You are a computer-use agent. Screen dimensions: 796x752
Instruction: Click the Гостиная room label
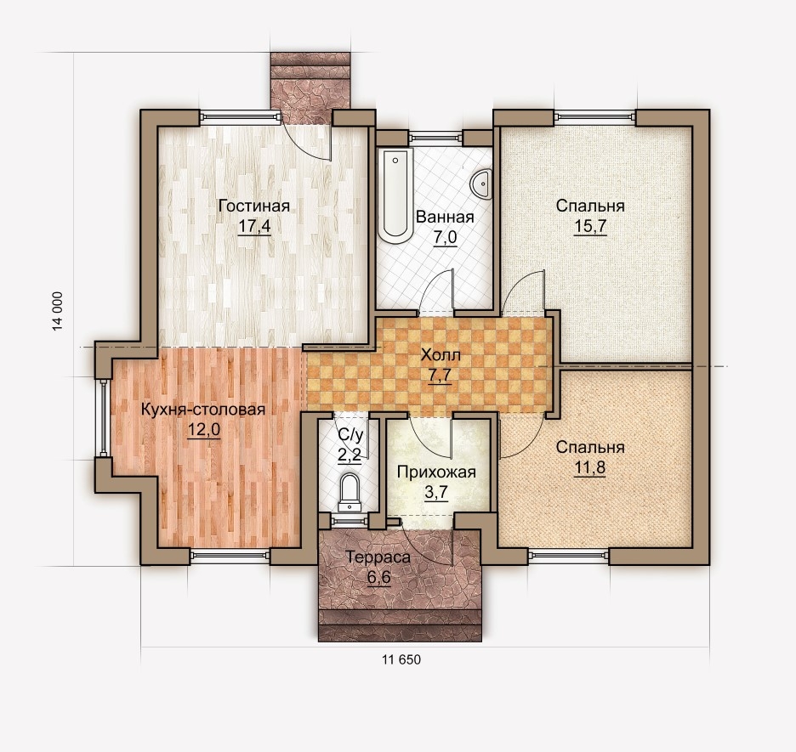(x=253, y=206)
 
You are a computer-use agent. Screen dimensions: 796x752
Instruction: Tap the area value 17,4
(x=254, y=226)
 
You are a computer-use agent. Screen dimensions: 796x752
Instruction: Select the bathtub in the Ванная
(x=395, y=195)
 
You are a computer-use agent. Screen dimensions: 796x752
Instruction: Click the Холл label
(x=441, y=355)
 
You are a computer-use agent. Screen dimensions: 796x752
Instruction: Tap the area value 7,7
(x=441, y=376)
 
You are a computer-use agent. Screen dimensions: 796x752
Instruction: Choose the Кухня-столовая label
(x=203, y=410)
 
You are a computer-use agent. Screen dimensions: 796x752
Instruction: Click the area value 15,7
(x=590, y=226)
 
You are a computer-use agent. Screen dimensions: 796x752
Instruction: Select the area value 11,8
(x=590, y=467)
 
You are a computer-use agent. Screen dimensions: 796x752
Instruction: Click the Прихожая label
(x=436, y=472)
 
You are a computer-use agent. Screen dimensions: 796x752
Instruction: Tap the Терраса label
(x=378, y=557)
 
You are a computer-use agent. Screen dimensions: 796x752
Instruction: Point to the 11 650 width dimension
(x=401, y=659)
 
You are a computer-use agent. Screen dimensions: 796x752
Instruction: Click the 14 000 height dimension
(x=58, y=311)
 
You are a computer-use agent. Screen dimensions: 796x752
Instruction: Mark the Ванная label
(x=445, y=217)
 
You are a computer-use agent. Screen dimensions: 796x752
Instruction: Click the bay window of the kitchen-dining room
(x=104, y=418)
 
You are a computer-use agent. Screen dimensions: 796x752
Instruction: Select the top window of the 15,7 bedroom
(x=594, y=117)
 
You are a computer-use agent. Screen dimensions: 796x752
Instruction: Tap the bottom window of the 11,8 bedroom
(x=569, y=557)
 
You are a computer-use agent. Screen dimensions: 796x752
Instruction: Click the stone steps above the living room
(x=310, y=88)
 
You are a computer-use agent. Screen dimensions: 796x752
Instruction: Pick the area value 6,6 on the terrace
(x=378, y=578)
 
